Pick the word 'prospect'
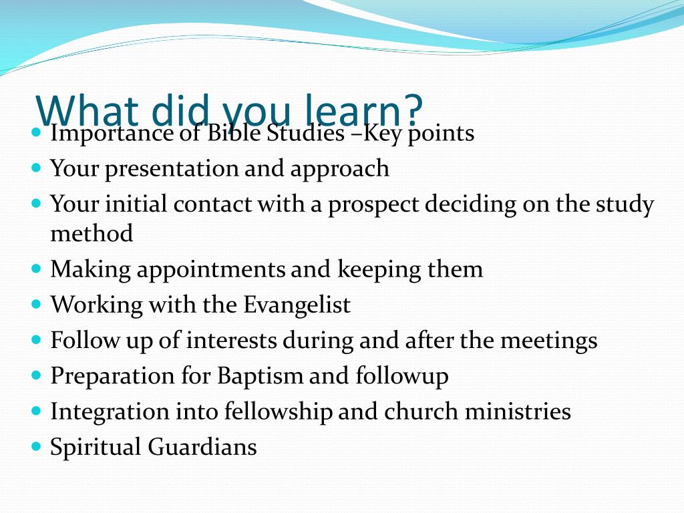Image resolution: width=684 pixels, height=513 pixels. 373,205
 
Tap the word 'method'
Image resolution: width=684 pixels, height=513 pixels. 92,233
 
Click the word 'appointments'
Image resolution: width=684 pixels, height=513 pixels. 210,270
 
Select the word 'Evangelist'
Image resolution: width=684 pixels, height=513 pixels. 297,305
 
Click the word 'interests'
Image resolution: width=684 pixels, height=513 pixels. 231,340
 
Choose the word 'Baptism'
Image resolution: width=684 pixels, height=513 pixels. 260,376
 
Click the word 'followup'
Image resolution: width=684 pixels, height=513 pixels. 401,376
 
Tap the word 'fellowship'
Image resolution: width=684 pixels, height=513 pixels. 279,411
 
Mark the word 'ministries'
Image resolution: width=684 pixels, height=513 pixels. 518,411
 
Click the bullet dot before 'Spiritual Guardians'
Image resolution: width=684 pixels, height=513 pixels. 36,447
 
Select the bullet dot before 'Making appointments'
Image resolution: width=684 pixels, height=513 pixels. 36,268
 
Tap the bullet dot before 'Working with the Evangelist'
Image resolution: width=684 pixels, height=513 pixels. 36,304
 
